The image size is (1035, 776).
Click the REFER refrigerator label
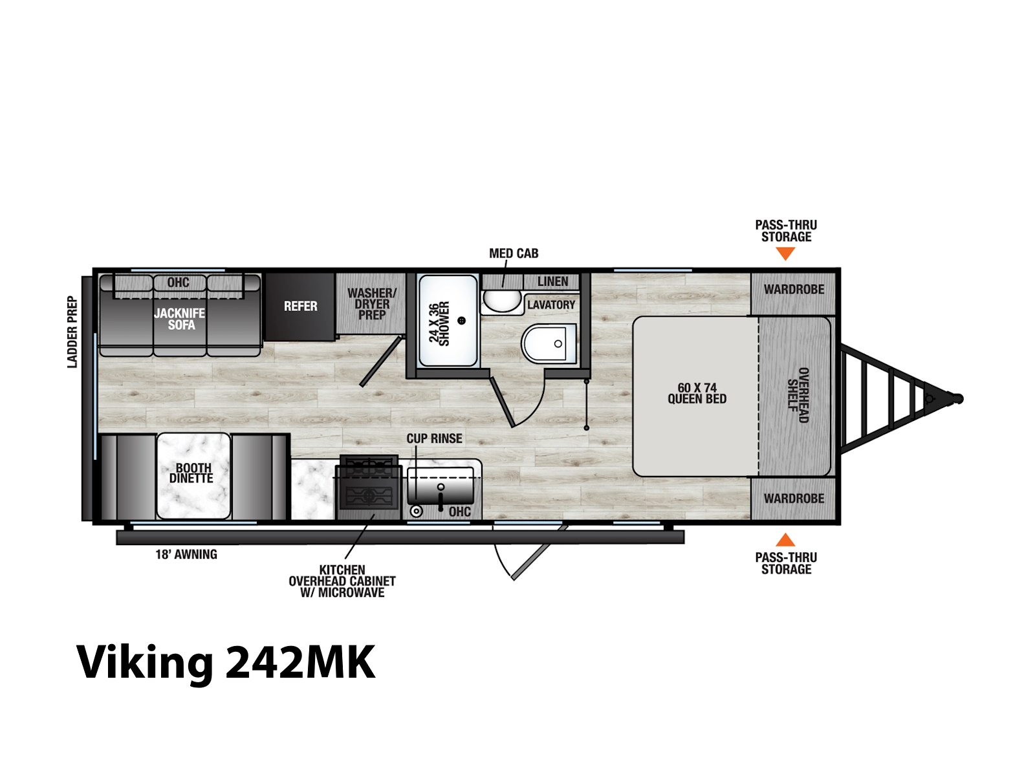coord(300,307)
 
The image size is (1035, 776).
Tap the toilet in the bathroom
coord(549,343)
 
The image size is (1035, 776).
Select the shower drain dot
coord(462,320)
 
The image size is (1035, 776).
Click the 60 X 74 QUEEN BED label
coord(697,393)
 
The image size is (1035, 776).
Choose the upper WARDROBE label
coord(794,289)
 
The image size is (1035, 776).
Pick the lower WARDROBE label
coord(794,499)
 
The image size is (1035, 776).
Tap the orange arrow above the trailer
coord(785,254)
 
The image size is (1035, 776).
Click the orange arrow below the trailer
coord(785,540)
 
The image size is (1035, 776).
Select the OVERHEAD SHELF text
coord(798,395)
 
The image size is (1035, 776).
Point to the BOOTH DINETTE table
coord(193,476)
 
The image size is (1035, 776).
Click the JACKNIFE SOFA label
coord(180,319)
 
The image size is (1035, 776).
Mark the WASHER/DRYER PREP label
coord(372,304)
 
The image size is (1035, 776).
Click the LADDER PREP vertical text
coord(72,332)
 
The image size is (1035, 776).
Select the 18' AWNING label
coord(186,555)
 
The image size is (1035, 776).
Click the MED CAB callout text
coord(514,253)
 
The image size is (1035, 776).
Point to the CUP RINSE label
coord(434,438)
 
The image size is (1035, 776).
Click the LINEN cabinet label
coord(552,282)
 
